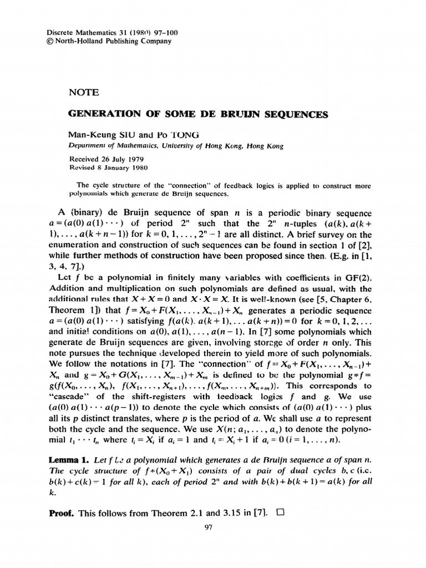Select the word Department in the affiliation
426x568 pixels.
[87, 147]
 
